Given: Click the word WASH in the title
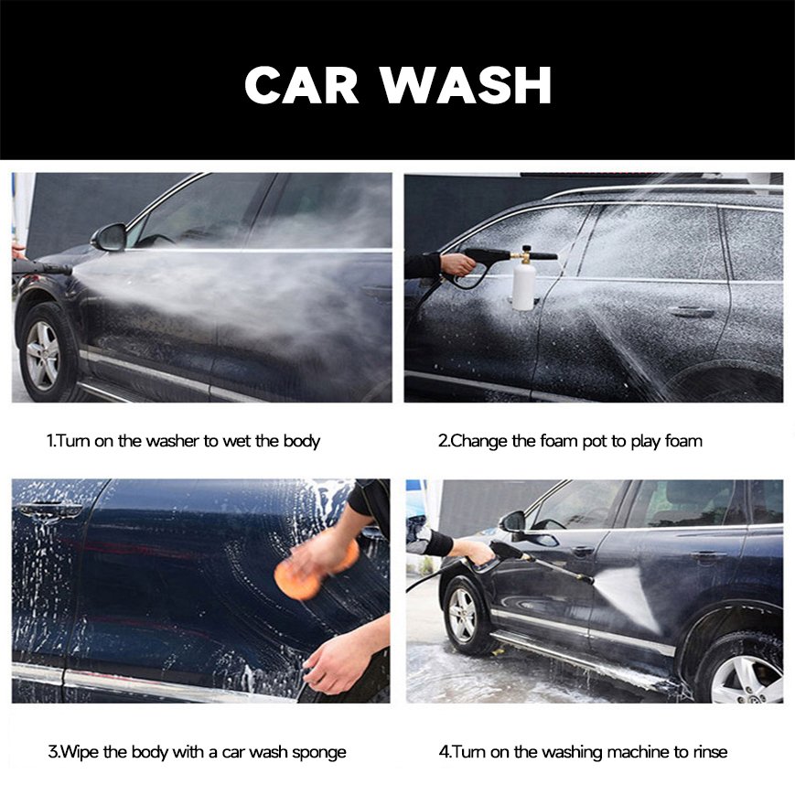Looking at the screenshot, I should [x=466, y=85].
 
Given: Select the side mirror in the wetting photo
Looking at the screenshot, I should [x=109, y=237].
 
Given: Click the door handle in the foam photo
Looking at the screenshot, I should [x=691, y=312].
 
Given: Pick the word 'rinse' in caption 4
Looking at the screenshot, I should [x=707, y=753].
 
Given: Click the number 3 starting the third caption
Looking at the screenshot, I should [x=51, y=753].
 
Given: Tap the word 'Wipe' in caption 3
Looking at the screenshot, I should [x=78, y=753].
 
